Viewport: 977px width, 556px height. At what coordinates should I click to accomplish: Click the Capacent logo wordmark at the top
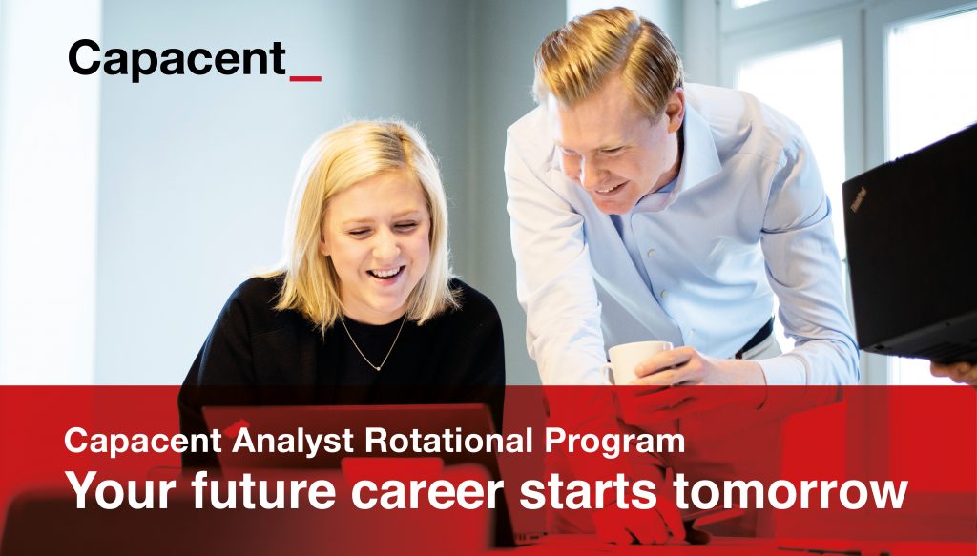click(x=177, y=59)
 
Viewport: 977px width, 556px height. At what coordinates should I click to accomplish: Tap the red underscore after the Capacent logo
click(x=305, y=79)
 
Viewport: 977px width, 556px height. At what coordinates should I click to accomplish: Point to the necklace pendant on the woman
click(x=378, y=367)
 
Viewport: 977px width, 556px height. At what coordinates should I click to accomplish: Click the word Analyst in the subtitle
click(x=293, y=442)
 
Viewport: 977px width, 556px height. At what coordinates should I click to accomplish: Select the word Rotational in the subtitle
click(x=448, y=441)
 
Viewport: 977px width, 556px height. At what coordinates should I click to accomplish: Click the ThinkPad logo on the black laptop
click(x=859, y=199)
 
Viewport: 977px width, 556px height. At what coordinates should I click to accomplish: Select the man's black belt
click(x=756, y=339)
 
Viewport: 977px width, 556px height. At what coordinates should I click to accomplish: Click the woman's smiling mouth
click(x=385, y=274)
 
